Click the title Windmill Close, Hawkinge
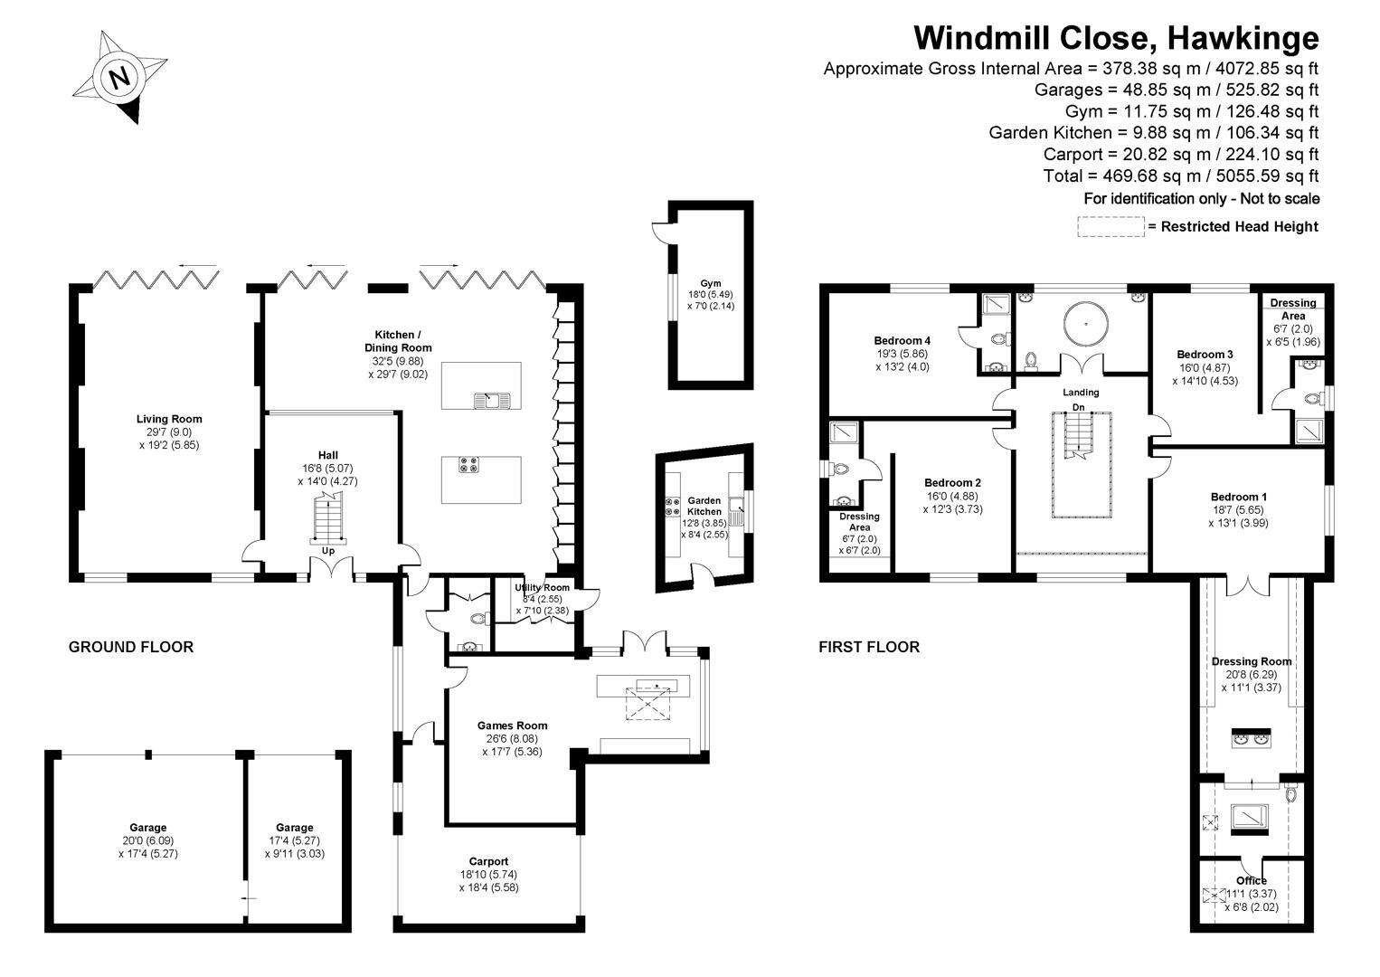pos(1115,38)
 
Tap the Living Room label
pos(169,419)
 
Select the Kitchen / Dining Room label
pos(398,341)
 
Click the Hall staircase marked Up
pos(327,519)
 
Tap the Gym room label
pos(711,283)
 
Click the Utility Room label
pos(543,587)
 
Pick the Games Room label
pos(512,726)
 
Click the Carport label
pos(488,861)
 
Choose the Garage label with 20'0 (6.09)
pos(147,828)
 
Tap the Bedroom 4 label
pos(902,341)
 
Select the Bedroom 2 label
pos(952,483)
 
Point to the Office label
pos(1251,880)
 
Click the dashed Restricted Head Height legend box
pos(1110,227)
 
